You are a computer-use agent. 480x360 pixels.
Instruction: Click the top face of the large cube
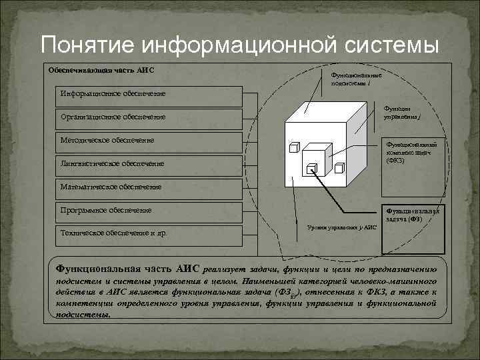click(320, 113)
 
